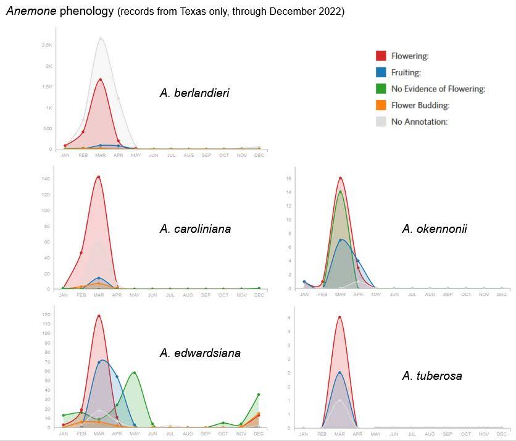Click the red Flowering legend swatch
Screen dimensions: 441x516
[381, 56]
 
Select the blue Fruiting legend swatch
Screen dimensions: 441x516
[381, 72]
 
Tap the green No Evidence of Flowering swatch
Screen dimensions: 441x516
[381, 89]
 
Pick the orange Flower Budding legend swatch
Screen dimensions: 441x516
[381, 105]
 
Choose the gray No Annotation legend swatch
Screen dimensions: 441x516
[381, 122]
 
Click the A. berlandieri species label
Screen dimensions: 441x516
[194, 93]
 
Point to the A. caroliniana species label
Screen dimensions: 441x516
[195, 229]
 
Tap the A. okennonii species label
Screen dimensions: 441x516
[435, 229]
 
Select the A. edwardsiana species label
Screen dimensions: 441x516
[200, 353]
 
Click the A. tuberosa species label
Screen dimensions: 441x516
[431, 376]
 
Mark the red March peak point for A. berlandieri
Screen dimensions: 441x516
[100, 80]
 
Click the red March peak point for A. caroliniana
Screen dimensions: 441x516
[99, 177]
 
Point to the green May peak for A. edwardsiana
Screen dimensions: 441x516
[135, 372]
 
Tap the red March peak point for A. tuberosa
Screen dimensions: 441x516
[339, 317]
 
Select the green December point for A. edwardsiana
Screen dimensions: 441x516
[259, 395]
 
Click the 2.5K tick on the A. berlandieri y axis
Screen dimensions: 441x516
[47, 45]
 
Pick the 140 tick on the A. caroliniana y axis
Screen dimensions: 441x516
[47, 178]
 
